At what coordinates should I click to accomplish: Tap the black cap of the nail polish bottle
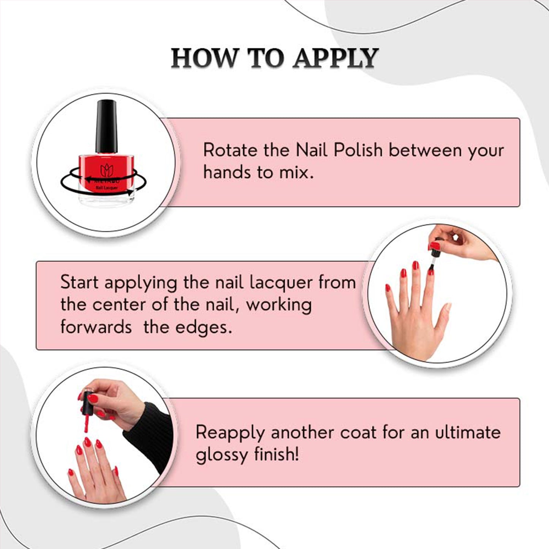(x=106, y=126)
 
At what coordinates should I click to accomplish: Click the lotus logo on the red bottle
(x=107, y=170)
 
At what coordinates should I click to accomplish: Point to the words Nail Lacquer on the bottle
(x=107, y=188)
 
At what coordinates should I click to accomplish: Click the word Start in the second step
(x=79, y=282)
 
